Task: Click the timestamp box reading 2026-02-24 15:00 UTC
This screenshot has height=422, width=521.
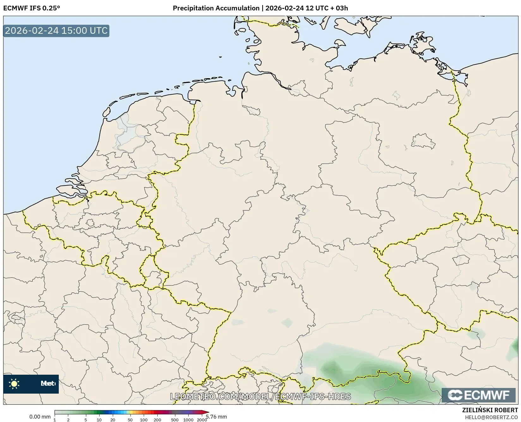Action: coord(56,31)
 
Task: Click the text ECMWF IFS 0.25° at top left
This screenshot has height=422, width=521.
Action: coord(31,8)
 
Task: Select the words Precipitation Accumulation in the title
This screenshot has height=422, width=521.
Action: coord(216,8)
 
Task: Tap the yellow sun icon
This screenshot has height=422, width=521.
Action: coord(14,384)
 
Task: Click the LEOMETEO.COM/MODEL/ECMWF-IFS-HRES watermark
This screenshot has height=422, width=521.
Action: coord(260,396)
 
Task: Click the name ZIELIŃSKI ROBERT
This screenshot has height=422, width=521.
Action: coord(490,410)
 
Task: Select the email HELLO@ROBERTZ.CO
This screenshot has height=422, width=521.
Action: coord(491,417)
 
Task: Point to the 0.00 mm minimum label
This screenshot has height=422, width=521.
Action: coord(40,417)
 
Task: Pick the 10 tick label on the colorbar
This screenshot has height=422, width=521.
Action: coord(99,420)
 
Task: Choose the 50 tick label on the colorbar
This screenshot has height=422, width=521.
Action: coord(130,420)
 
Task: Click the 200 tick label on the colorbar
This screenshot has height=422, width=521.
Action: coord(157,420)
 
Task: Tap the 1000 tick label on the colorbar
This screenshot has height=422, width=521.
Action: coord(188,420)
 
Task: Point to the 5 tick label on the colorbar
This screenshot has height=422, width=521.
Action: coord(86,420)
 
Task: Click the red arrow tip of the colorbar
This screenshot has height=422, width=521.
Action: coord(207,412)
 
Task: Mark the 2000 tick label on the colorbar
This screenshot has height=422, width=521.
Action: coord(202,420)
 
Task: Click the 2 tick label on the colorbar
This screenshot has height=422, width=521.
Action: coord(68,420)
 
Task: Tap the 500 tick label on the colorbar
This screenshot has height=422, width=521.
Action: coord(175,420)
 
